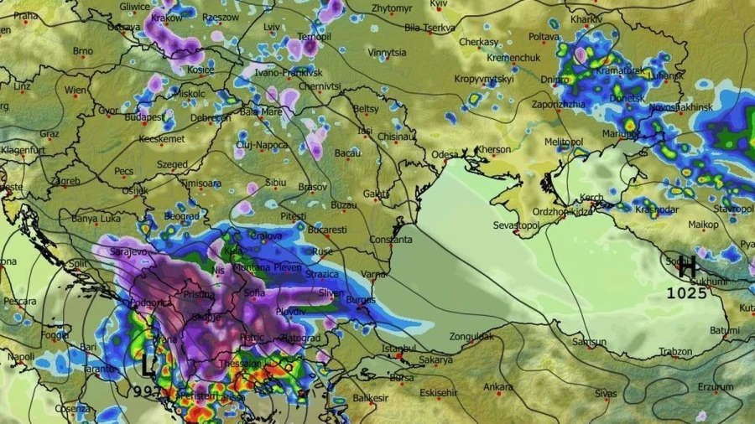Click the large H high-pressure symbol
(x=687, y=268)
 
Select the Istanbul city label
(x=398, y=348)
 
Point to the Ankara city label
(x=498, y=386)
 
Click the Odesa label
(x=445, y=154)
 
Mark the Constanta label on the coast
(x=390, y=240)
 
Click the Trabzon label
(x=675, y=352)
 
